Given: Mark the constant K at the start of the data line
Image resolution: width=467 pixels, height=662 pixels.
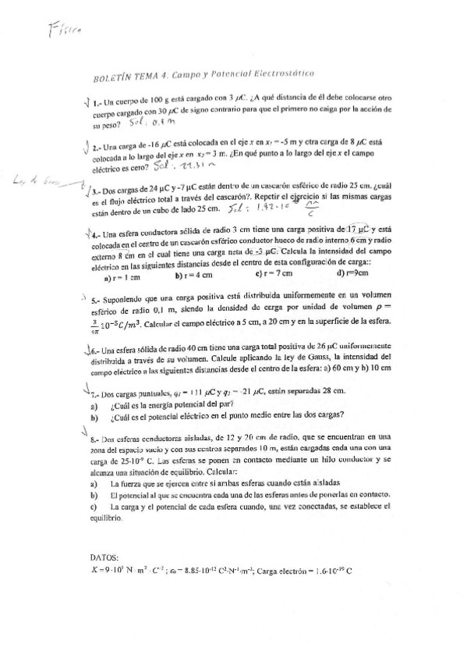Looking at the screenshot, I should (x=94, y=570).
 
